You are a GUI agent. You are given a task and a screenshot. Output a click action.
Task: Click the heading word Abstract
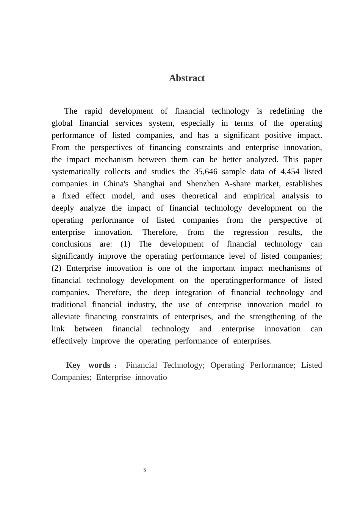click(x=187, y=78)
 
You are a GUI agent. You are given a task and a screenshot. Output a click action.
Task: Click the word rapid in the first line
click(x=93, y=111)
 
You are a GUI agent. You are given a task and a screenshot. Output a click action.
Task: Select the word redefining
click(x=287, y=111)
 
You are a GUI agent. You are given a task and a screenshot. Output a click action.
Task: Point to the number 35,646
click(x=206, y=172)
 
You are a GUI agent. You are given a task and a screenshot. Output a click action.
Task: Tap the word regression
click(x=251, y=232)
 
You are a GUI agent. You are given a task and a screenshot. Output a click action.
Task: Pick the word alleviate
click(x=66, y=317)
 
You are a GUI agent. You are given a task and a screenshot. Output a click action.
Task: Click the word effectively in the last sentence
click(x=69, y=341)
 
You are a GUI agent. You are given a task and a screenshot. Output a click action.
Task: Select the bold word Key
click(x=73, y=365)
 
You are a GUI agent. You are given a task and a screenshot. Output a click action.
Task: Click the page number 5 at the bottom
click(x=145, y=470)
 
